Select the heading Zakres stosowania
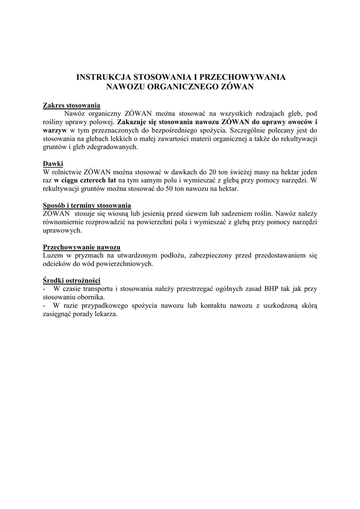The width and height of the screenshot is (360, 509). (x=72, y=105)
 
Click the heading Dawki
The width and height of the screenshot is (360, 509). (x=53, y=164)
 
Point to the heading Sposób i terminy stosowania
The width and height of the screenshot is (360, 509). (x=87, y=205)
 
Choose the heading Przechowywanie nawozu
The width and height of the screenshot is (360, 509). (x=82, y=247)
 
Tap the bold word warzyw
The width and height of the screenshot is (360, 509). (x=55, y=130)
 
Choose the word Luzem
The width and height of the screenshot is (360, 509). (x=53, y=255)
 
